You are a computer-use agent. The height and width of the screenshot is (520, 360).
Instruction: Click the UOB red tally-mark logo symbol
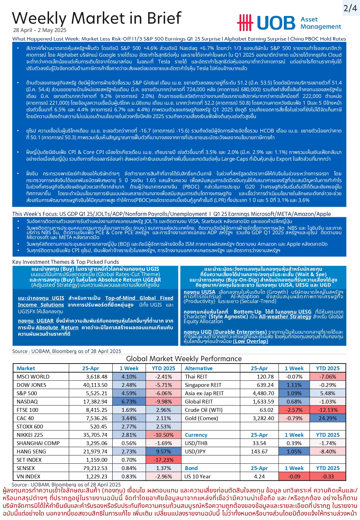click(x=245, y=23)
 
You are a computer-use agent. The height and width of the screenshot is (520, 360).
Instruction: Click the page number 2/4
click(x=350, y=8)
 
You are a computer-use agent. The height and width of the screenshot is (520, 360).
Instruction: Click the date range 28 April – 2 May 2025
click(x=40, y=30)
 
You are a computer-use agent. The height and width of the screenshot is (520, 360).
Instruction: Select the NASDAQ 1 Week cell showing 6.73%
click(x=129, y=402)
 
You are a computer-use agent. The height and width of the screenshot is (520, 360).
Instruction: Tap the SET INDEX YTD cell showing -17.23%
click(x=164, y=460)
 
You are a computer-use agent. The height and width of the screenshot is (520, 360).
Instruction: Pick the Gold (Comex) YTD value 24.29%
click(x=328, y=418)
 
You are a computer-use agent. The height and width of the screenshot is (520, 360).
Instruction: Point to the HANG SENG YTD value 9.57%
click(x=164, y=452)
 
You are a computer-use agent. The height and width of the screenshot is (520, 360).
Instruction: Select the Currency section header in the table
click(x=196, y=435)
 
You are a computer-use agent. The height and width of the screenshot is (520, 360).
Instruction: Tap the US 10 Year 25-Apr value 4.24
click(x=259, y=476)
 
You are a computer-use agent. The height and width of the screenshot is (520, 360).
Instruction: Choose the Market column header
click(x=26, y=368)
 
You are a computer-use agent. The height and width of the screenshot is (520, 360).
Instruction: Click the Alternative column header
click(x=198, y=368)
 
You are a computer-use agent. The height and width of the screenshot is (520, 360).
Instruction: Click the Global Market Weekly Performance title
click(x=184, y=359)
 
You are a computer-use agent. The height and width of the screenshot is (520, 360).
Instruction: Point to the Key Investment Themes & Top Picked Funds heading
click(x=65, y=262)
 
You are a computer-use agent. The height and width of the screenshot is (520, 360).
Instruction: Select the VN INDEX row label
click(x=28, y=476)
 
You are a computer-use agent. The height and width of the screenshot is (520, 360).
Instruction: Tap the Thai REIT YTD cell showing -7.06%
click(x=328, y=377)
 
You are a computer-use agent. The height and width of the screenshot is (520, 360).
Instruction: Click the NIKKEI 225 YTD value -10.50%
click(x=164, y=435)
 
